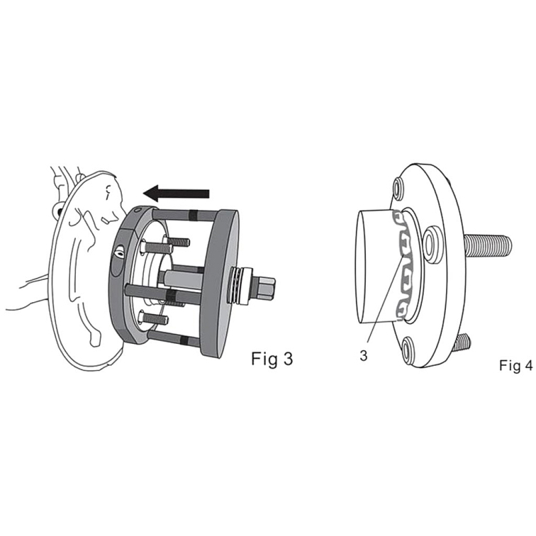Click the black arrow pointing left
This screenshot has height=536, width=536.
177,194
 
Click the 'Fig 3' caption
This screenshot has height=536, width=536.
272,359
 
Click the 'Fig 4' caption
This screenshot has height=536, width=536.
516,365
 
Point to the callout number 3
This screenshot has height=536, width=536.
364,356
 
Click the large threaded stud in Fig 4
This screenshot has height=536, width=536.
488,245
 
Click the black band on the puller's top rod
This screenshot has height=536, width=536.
194,214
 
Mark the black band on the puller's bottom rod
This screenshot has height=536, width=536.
184,340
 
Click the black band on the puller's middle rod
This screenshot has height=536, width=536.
173,295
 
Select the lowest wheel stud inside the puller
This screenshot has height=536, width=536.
153,319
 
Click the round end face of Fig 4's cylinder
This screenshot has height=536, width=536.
362,267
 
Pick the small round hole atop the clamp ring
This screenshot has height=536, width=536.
138,210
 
